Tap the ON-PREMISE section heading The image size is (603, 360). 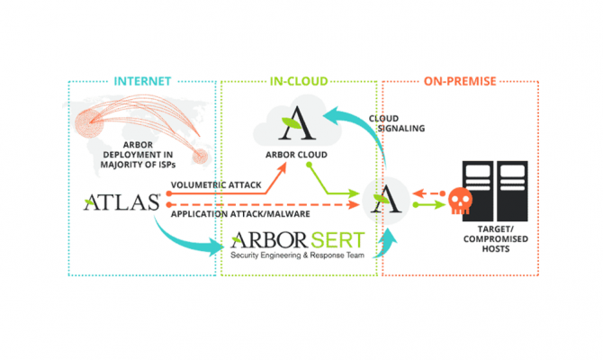(460, 81)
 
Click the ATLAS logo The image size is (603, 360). (122, 202)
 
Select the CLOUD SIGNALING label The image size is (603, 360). (397, 122)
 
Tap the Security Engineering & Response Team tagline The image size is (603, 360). (297, 256)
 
